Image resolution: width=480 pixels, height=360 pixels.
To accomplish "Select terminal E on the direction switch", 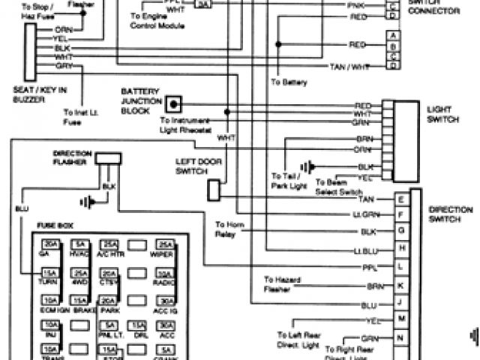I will pos(402,199).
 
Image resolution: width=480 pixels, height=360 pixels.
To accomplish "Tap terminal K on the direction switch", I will pos(402,286).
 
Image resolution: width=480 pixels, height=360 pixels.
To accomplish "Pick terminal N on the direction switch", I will pos(402,337).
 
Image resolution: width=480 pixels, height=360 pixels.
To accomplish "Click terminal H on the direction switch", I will pos(402,248).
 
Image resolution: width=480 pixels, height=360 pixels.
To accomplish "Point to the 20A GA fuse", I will pos(51,244).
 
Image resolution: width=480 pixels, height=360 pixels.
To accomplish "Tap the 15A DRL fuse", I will pos(138,325).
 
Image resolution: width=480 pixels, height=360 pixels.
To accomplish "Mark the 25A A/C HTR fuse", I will pos(109,244).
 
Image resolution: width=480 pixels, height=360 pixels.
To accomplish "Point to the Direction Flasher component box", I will pos(109,159).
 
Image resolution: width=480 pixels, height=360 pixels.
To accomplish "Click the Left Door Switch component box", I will pos(214,190).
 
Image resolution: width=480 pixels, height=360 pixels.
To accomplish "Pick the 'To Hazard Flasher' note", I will pos(282,283).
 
